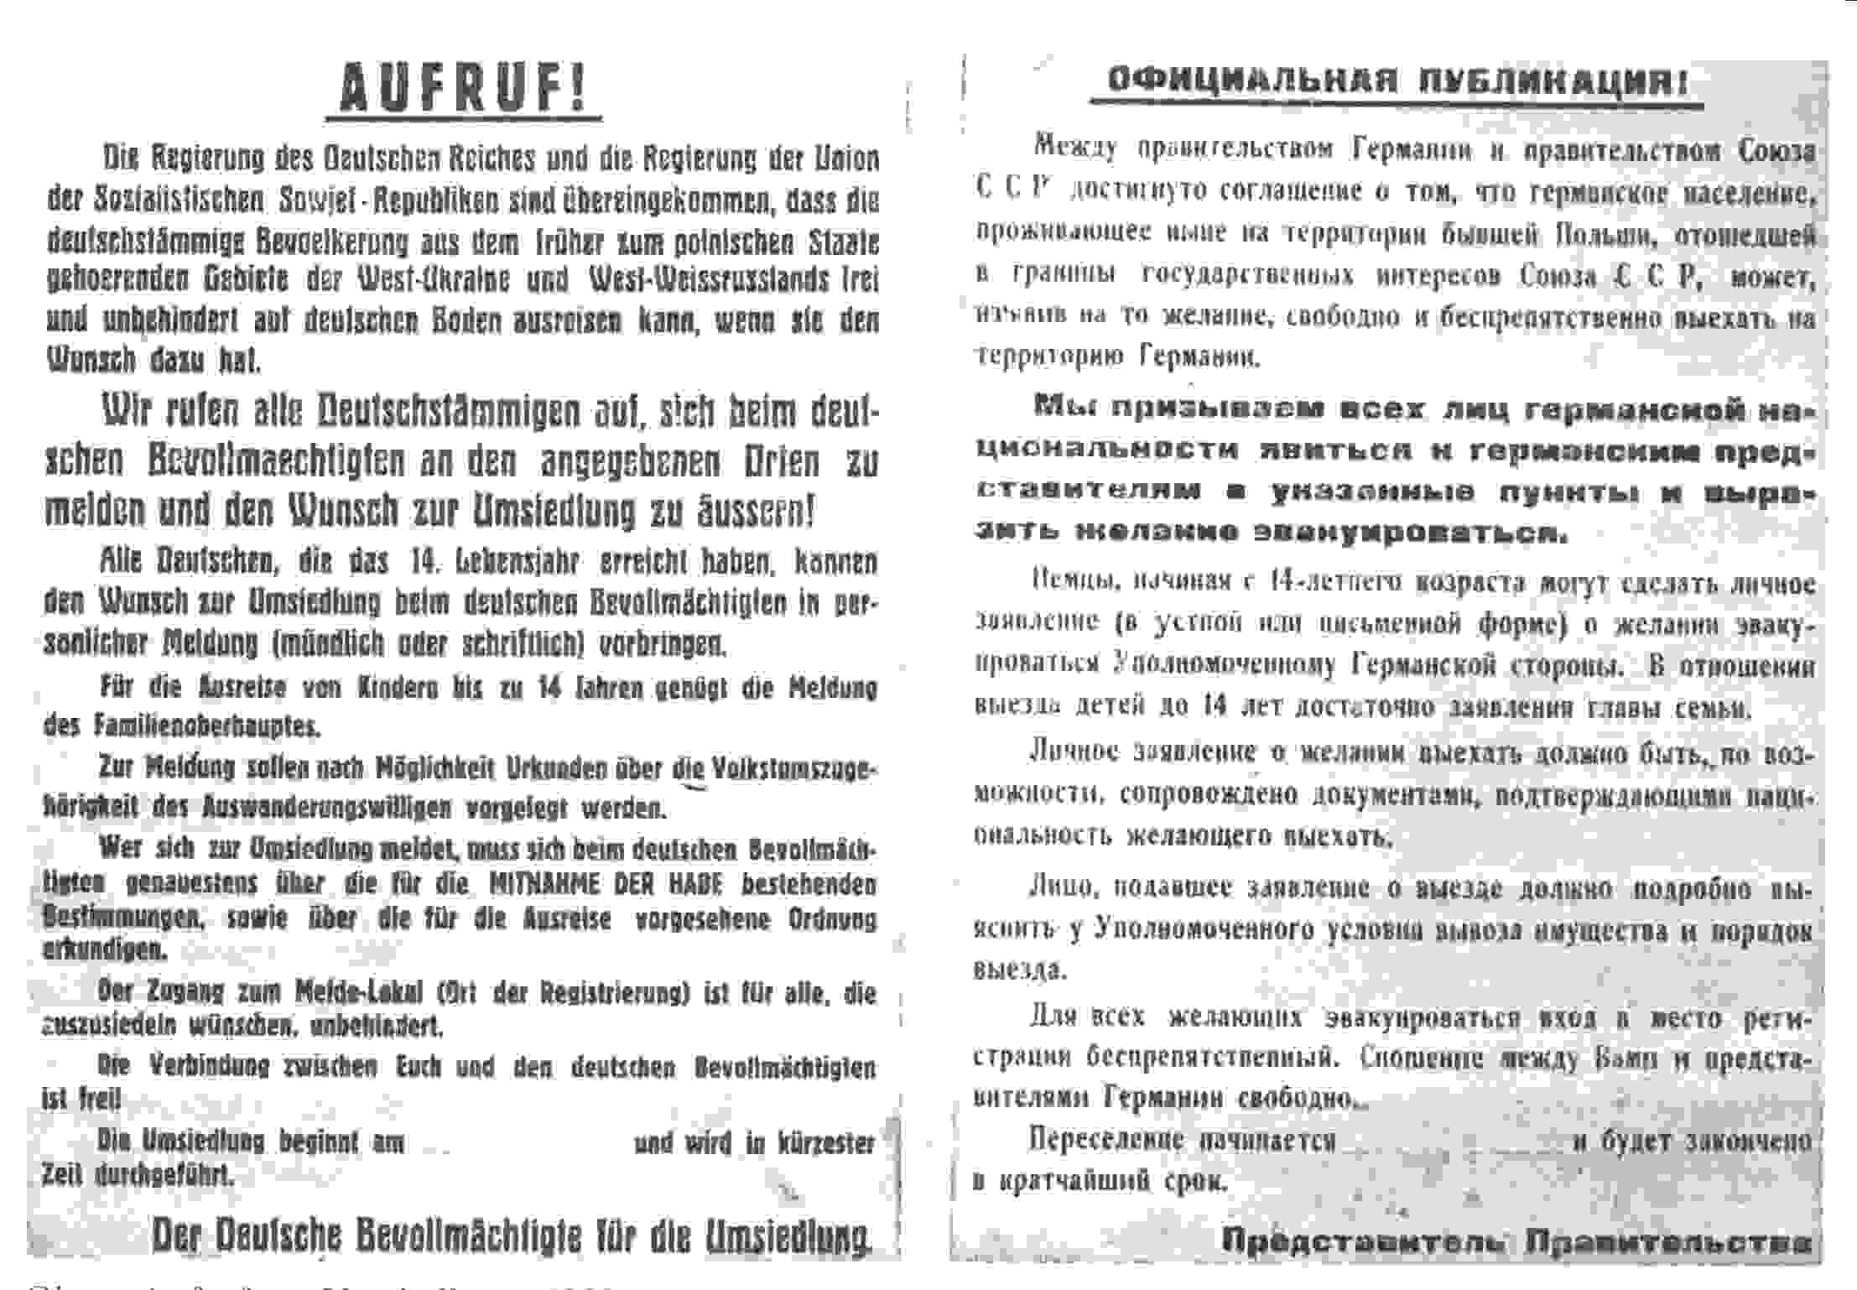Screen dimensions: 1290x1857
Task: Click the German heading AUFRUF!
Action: (x=463, y=88)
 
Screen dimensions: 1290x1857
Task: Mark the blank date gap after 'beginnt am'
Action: (x=518, y=1143)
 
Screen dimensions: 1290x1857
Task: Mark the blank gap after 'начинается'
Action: (x=1454, y=1142)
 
